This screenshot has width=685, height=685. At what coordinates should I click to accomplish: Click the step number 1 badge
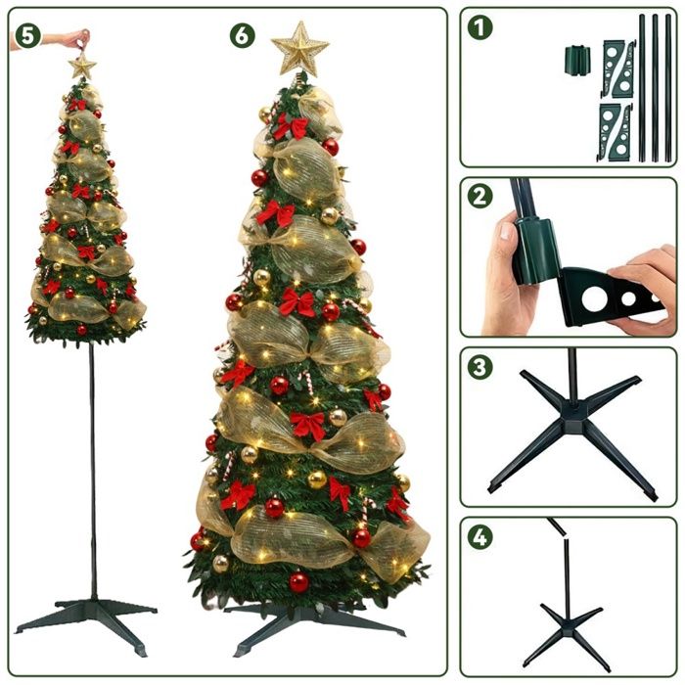pyautogui.click(x=479, y=27)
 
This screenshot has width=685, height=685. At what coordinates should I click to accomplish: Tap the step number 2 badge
pyautogui.click(x=479, y=196)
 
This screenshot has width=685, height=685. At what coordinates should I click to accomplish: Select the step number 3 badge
pyautogui.click(x=479, y=366)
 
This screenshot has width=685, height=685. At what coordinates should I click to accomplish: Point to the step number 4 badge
pyautogui.click(x=479, y=537)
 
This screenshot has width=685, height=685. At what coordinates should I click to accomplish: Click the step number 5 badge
pyautogui.click(x=28, y=36)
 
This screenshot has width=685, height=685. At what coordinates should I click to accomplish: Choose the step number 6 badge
pyautogui.click(x=243, y=36)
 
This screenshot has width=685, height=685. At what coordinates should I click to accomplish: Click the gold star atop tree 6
pyautogui.click(x=299, y=48)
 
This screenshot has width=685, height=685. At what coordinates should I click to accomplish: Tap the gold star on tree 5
pyautogui.click(x=82, y=66)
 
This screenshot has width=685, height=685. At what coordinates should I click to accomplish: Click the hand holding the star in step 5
pyautogui.click(x=74, y=38)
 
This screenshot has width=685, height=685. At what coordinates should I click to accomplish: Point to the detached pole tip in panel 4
pyautogui.click(x=557, y=526)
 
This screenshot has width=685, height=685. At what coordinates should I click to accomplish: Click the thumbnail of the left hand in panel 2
pyautogui.click(x=506, y=230)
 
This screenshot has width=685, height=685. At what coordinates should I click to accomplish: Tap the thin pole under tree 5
pyautogui.click(x=93, y=472)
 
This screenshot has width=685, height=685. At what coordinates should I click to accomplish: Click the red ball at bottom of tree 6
pyautogui.click(x=299, y=582)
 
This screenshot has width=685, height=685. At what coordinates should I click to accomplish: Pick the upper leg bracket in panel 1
pyautogui.click(x=618, y=68)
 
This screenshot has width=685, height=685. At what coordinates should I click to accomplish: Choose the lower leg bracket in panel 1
pyautogui.click(x=616, y=133)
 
